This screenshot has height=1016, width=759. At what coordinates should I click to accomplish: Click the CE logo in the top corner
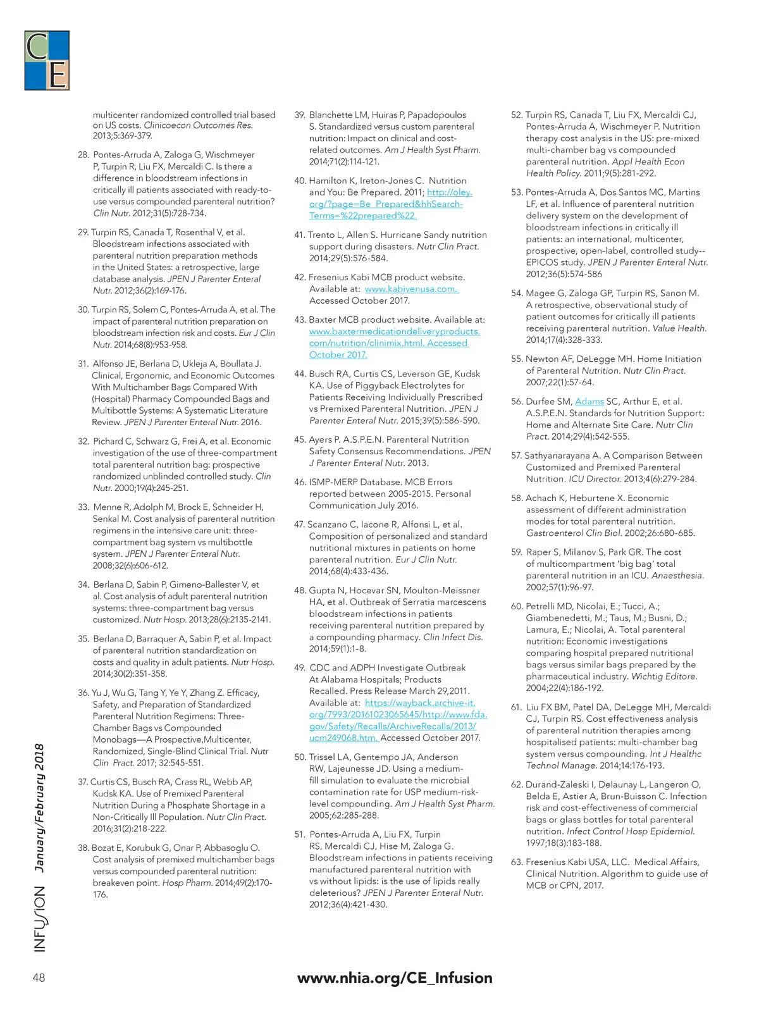click(47, 61)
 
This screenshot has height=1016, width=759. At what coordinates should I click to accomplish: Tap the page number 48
click(39, 977)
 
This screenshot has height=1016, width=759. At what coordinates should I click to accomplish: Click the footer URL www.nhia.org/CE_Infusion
click(395, 977)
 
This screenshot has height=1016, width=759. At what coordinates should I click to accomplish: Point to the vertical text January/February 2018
click(39, 808)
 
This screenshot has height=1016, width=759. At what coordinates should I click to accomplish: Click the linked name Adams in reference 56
click(589, 401)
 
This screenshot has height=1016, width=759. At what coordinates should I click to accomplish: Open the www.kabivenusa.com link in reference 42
click(411, 289)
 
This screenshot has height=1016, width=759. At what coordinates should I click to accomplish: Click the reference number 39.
click(300, 115)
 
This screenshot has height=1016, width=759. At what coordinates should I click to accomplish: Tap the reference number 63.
click(516, 862)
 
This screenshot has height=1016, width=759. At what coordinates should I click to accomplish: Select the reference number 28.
click(83, 154)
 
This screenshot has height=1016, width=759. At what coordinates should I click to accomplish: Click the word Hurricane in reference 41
click(401, 235)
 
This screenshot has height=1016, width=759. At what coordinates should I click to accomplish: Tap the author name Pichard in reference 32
click(109, 441)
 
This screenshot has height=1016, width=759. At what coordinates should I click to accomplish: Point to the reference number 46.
click(300, 482)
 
